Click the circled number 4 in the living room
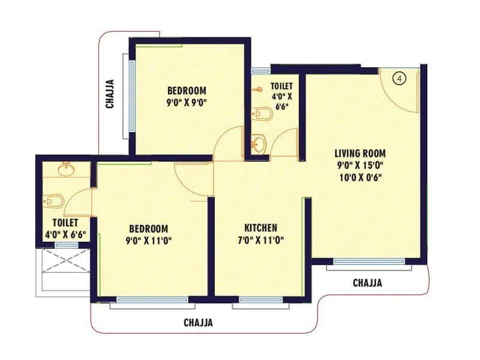[401, 77]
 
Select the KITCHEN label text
[260, 228]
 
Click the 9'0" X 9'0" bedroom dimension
[187, 102]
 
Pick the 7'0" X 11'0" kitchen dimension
[260, 240]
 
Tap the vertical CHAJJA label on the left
[110, 94]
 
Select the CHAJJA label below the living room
[367, 283]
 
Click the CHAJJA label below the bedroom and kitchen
[198, 323]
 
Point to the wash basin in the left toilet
[65, 169]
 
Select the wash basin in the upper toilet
[258, 144]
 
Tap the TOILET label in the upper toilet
[281, 86]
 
